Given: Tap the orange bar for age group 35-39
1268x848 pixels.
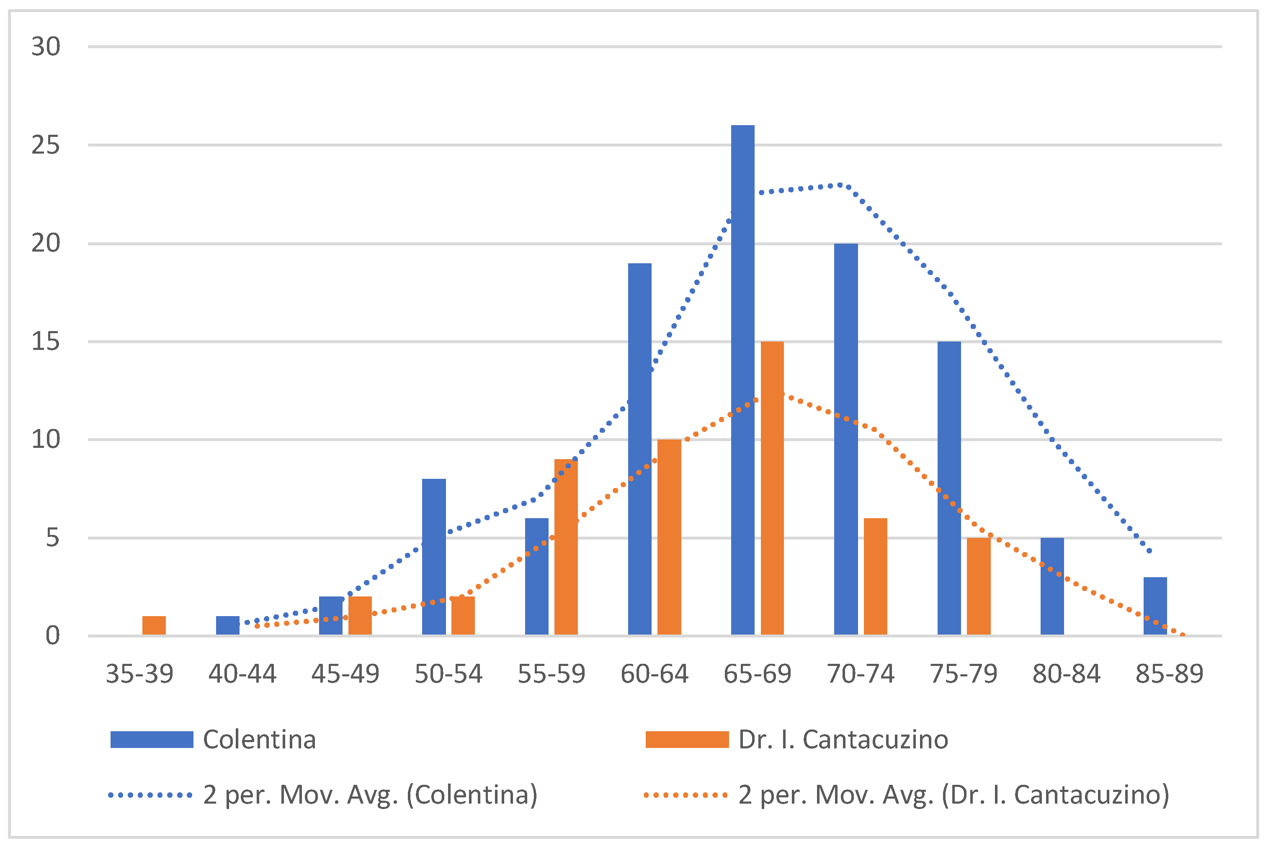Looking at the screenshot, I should pos(154,625).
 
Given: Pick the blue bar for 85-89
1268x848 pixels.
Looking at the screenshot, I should pos(1155,606).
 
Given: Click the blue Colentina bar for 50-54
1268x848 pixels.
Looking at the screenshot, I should pos(433,557).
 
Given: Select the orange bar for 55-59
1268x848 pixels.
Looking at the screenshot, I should pos(566,547).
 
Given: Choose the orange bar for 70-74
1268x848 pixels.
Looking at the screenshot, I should pos(875,576).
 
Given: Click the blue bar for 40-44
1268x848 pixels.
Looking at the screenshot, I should pos(227,625).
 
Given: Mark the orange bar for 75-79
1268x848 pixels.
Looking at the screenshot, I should pos(978,586).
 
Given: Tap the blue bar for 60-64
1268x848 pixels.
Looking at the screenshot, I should pos(639,449).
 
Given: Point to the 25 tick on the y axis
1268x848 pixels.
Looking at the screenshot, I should pos(46,145).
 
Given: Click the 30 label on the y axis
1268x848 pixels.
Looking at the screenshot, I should pos(46,46).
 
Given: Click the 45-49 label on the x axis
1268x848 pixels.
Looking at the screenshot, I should pos(345,674).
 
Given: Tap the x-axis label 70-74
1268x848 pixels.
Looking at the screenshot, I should pos(860,674).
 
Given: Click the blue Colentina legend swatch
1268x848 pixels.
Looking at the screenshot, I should pos(152,739).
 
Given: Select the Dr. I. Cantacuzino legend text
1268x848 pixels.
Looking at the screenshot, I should pos(843,739).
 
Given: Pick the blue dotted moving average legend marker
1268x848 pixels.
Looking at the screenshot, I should pos(150,795).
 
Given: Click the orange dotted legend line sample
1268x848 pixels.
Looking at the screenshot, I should pos(686,795).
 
